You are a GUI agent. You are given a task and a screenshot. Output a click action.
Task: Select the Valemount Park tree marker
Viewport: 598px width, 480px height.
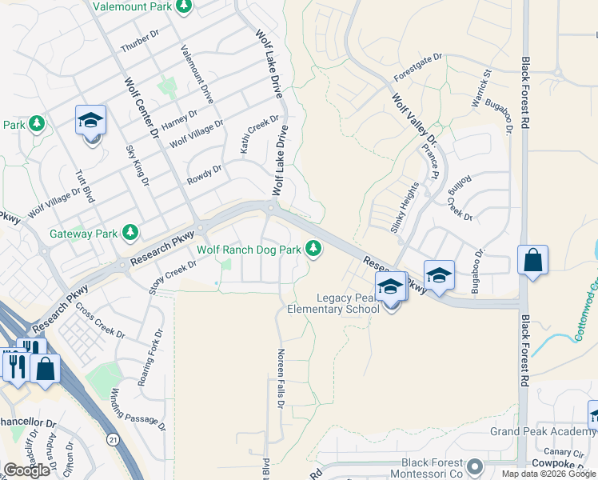185,6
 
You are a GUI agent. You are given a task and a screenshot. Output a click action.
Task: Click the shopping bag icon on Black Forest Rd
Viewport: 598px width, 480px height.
532,261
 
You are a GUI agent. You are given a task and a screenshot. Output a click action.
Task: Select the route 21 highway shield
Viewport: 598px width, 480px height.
113,440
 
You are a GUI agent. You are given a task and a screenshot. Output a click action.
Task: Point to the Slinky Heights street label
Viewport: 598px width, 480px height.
405,207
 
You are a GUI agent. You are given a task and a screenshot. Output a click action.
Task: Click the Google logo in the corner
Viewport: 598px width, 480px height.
26,470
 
